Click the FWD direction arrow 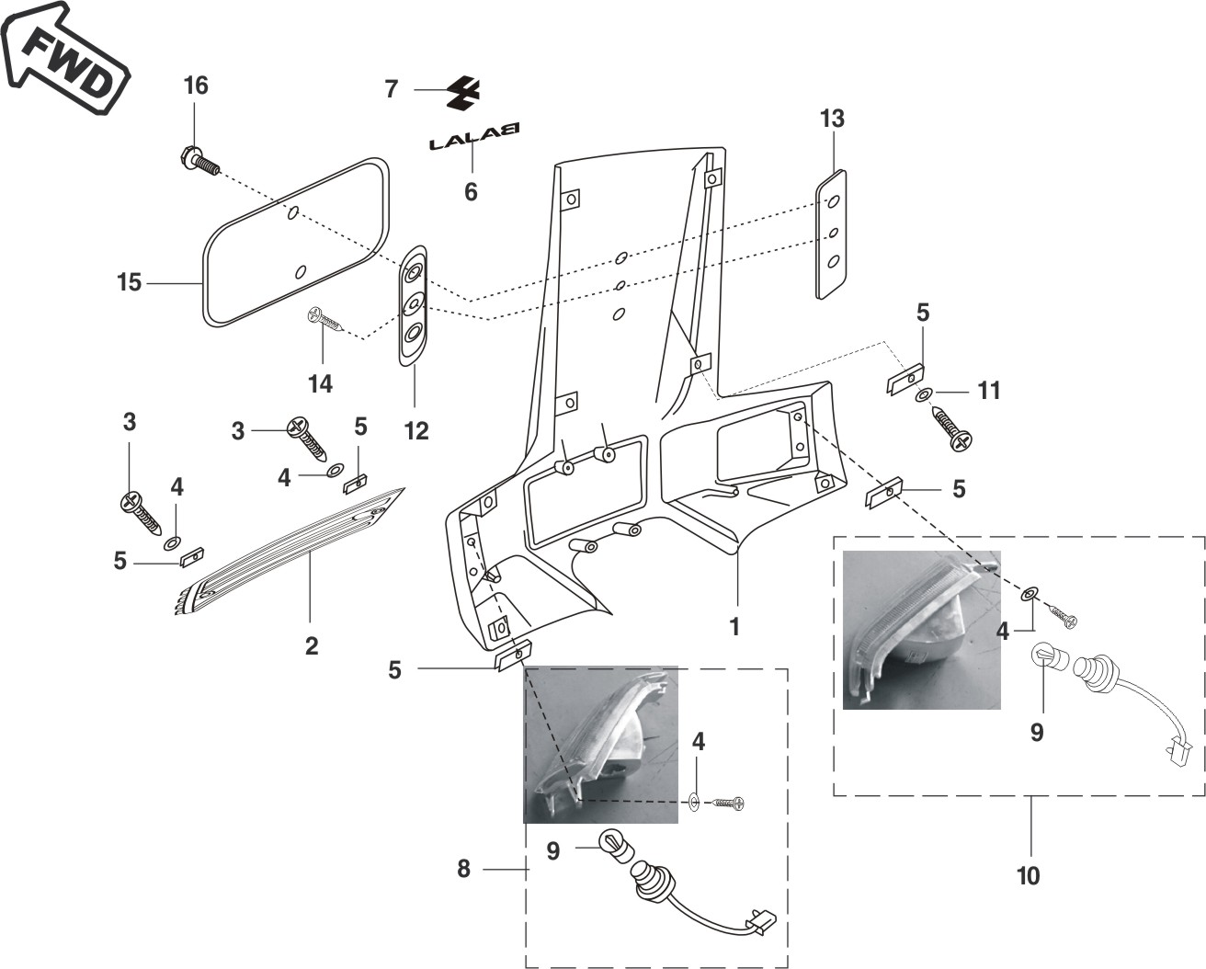click(x=64, y=60)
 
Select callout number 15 click(x=129, y=282)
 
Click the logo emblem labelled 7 click(x=463, y=92)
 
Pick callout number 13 click(x=832, y=119)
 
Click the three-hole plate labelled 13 click(x=831, y=234)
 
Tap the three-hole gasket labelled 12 click(x=414, y=305)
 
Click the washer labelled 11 click(x=922, y=395)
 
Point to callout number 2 click(x=312, y=645)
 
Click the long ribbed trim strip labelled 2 click(x=289, y=552)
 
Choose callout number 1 click(x=734, y=627)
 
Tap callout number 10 click(x=1029, y=875)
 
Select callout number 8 click(x=463, y=869)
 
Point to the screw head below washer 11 click(x=961, y=441)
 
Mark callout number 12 click(x=416, y=431)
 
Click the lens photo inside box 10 click(x=922, y=630)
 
